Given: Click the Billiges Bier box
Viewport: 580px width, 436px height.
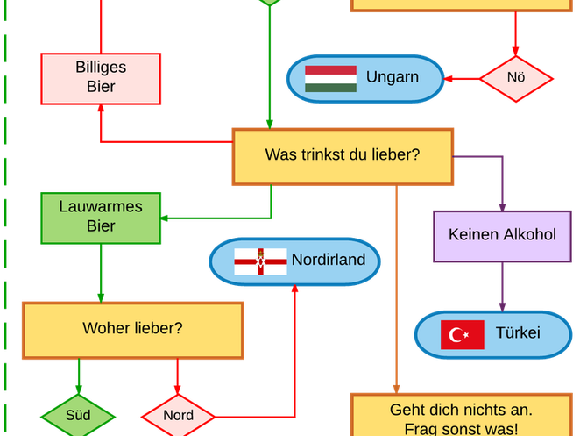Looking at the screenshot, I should tap(101, 76).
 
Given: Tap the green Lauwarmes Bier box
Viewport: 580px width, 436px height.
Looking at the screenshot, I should tap(101, 218).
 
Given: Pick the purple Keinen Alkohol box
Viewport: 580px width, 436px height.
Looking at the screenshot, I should tap(502, 235).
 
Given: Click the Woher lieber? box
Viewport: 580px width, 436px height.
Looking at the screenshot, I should tap(132, 330).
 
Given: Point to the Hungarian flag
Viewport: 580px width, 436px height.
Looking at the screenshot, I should tap(330, 79).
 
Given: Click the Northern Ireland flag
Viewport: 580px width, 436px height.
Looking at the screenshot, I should tap(260, 261).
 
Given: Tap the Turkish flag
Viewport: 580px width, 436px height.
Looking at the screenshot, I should tap(463, 334).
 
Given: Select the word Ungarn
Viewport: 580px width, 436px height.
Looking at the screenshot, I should tap(393, 77).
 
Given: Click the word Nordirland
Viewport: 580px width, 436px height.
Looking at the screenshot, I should tap(329, 261).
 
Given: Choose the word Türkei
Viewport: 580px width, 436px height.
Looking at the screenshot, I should tap(518, 333).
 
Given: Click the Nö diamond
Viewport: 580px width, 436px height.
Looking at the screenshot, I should tap(516, 78).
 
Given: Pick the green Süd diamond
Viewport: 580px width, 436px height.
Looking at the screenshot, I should tap(79, 414).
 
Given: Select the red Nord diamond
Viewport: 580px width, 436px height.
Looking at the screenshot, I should tap(179, 415).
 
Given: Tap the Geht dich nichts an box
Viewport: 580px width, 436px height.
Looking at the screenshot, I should tap(461, 418).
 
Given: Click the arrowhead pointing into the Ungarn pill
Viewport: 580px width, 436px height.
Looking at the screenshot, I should tap(451, 79).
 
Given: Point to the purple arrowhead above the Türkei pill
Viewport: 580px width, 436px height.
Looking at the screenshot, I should tap(502, 304).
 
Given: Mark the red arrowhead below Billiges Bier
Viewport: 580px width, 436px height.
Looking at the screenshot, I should tap(101, 109).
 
